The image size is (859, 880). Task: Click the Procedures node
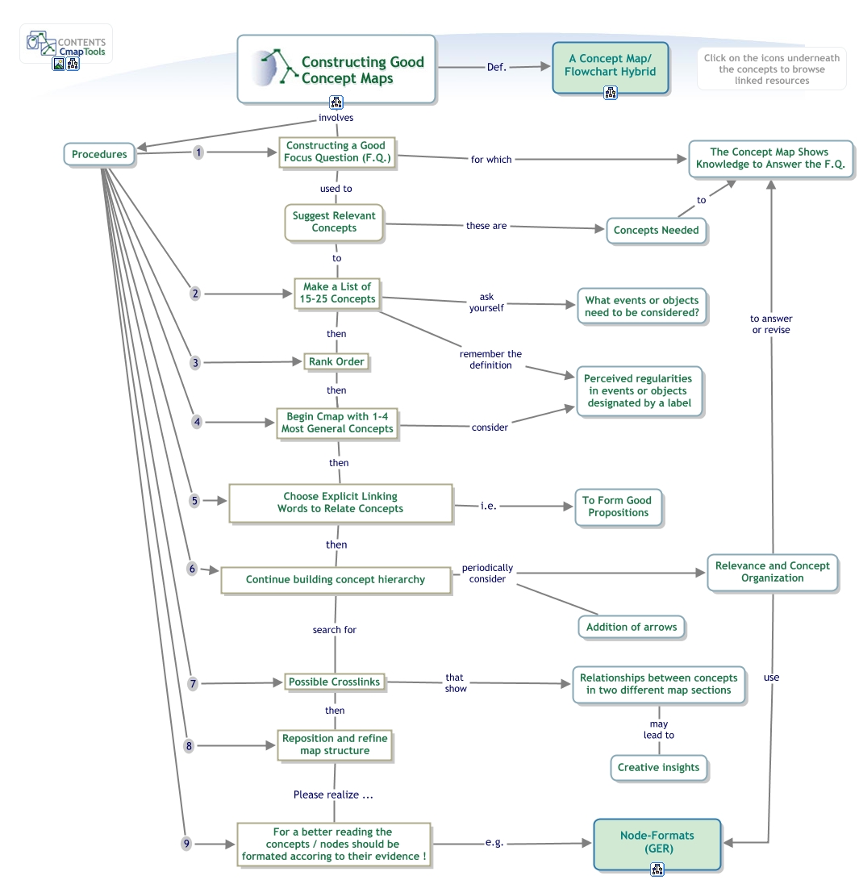coord(98,154)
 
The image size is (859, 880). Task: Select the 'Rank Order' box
coord(336,362)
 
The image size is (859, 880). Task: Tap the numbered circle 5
coord(194,501)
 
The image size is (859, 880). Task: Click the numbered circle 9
coord(186,844)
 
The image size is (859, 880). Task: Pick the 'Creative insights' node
coord(658,767)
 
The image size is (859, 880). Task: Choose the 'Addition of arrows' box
coord(631,627)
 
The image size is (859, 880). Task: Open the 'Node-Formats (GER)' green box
coord(657,842)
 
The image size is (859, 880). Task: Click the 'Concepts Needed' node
coord(656,230)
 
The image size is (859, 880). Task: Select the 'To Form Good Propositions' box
coord(618,507)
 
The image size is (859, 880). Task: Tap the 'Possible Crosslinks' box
coord(334,682)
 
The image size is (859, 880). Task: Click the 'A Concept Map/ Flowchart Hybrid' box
coord(610,65)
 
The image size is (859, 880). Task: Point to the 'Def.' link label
coord(497,68)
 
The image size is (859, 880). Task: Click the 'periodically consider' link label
coord(487,573)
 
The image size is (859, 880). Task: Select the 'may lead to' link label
coord(658,729)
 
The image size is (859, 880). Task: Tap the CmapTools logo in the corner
coord(65,45)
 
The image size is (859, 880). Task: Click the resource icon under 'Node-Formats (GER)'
coord(657,869)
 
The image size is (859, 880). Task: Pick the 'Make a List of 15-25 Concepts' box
coord(337,293)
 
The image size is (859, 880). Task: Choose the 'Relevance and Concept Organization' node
coord(772,572)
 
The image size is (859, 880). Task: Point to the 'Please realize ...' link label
coord(333,795)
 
